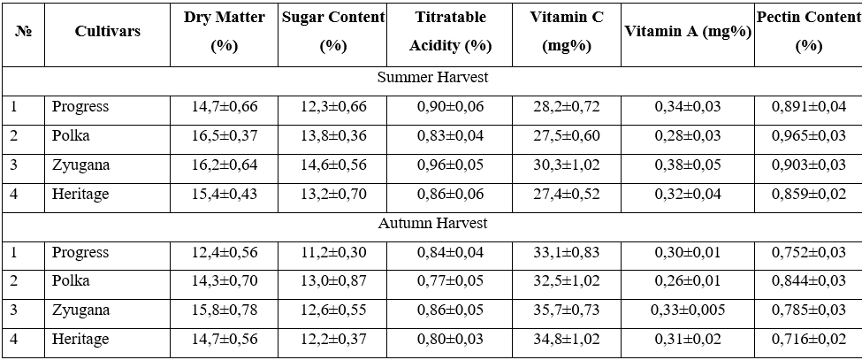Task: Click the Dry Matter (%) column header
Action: pyautogui.click(x=224, y=32)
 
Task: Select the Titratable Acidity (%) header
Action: pyautogui.click(x=450, y=32)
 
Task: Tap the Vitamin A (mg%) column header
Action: pyautogui.click(x=688, y=32)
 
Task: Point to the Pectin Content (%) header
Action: pyautogui.click(x=809, y=32)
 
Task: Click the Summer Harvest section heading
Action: pyautogui.click(x=432, y=78)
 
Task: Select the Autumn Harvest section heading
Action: pyautogui.click(x=432, y=224)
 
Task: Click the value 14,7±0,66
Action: pyautogui.click(x=225, y=106)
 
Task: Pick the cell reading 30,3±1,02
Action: pyautogui.click(x=566, y=165)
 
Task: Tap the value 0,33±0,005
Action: pyautogui.click(x=688, y=310)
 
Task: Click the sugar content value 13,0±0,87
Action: pyautogui.click(x=333, y=281)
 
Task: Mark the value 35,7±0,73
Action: pyautogui.click(x=566, y=310)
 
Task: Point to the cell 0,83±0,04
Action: pyautogui.click(x=450, y=135)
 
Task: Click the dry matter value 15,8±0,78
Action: pyautogui.click(x=225, y=310)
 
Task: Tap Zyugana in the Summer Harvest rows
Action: pyautogui.click(x=80, y=165)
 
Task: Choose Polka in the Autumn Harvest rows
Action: pyautogui.click(x=71, y=281)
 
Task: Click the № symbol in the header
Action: pyautogui.click(x=23, y=32)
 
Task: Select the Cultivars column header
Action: pyautogui.click(x=107, y=32)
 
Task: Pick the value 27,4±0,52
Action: pyautogui.click(x=566, y=194)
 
